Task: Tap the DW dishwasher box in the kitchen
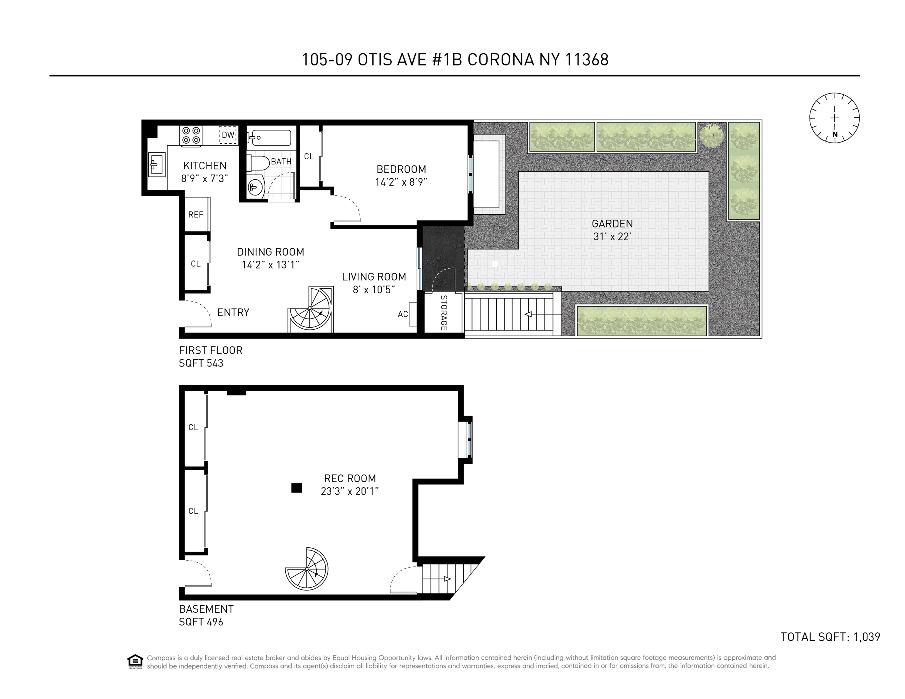228,135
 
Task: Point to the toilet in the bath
258,163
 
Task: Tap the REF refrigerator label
196,215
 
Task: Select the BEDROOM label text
401,169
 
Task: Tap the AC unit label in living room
403,314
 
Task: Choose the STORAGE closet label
443,313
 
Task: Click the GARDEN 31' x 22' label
612,230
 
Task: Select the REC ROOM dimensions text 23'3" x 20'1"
350,491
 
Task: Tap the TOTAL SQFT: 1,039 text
830,637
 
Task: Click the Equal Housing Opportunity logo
135,661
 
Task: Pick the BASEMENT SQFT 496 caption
206,615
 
